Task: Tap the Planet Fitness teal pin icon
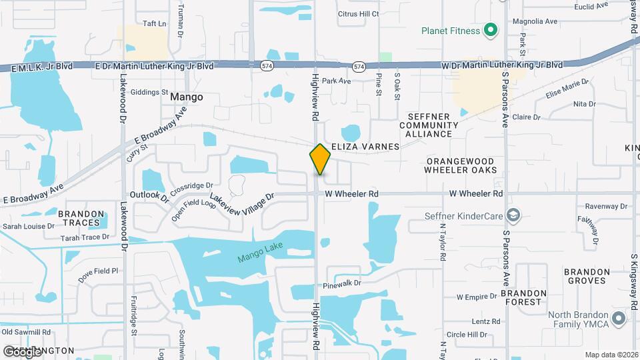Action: [491, 30]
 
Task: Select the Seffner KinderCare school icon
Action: [513, 215]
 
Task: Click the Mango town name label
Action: [187, 97]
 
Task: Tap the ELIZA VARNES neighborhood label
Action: [365, 146]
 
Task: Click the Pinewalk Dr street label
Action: [342, 283]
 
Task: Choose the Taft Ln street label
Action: [154, 23]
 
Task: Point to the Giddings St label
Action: [150, 92]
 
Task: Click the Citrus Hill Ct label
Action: [358, 13]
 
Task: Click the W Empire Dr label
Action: [477, 296]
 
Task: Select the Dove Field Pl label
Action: [97, 274]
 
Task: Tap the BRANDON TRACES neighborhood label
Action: [81, 218]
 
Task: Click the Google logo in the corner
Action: [22, 351]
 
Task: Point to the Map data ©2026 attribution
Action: [611, 355]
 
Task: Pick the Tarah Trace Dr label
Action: [85, 237]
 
